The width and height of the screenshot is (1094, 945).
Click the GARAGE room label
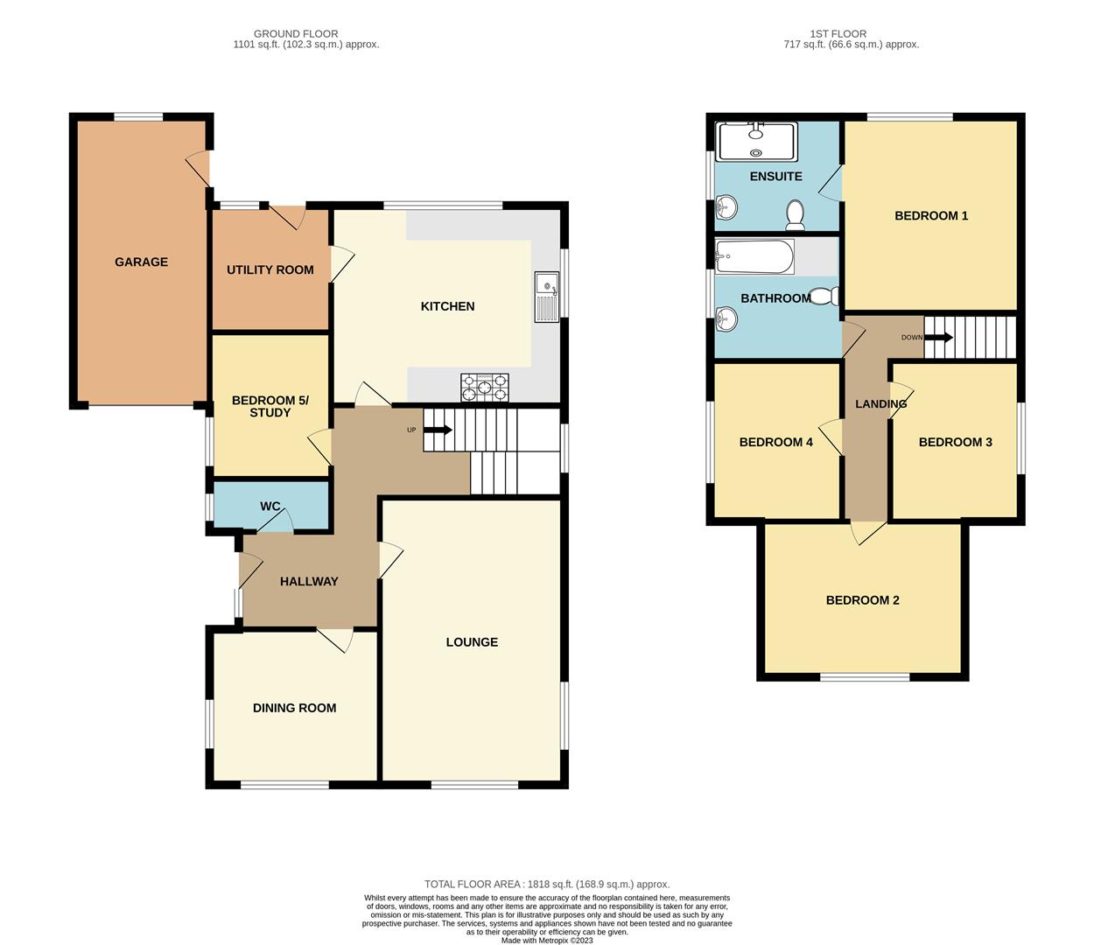click(x=141, y=262)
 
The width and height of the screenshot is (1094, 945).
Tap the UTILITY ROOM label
click(x=270, y=269)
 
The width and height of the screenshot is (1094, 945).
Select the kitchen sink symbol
click(x=546, y=297)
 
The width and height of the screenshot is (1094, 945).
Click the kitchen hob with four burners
click(x=485, y=387)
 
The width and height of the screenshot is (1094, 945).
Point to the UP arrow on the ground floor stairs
click(x=438, y=430)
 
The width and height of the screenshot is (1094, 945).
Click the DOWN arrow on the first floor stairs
click(x=940, y=337)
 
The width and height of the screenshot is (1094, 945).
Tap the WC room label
click(x=270, y=507)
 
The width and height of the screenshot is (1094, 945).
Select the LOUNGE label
click(x=472, y=642)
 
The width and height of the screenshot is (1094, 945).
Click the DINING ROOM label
click(x=294, y=708)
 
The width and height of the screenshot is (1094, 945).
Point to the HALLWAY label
click(x=309, y=581)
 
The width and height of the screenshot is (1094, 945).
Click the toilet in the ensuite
click(x=796, y=213)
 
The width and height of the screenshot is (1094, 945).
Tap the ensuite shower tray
click(x=756, y=142)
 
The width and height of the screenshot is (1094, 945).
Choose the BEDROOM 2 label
click(x=862, y=600)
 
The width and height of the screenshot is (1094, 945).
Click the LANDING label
click(x=880, y=404)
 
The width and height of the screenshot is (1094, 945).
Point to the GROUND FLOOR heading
click(x=296, y=34)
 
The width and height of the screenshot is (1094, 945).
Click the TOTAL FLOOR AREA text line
click(x=547, y=884)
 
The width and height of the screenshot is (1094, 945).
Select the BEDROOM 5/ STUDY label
click(x=270, y=406)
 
